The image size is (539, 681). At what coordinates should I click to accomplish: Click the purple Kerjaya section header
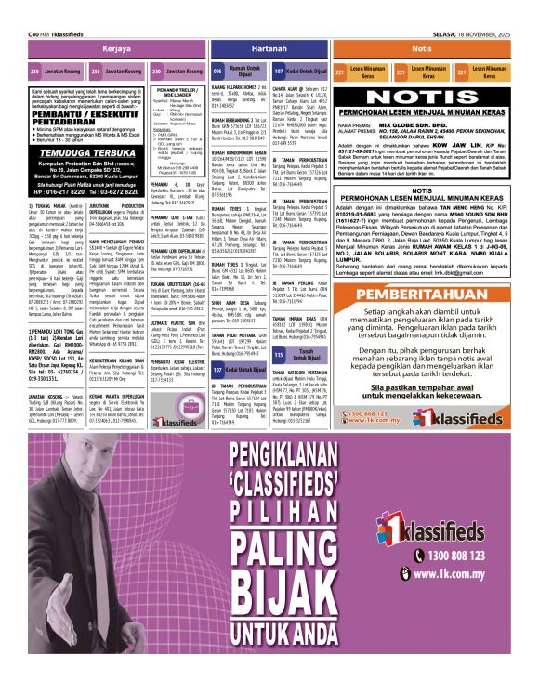pyautogui.click(x=116, y=47)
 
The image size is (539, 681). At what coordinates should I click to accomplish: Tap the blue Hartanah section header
pyautogui.click(x=269, y=47)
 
